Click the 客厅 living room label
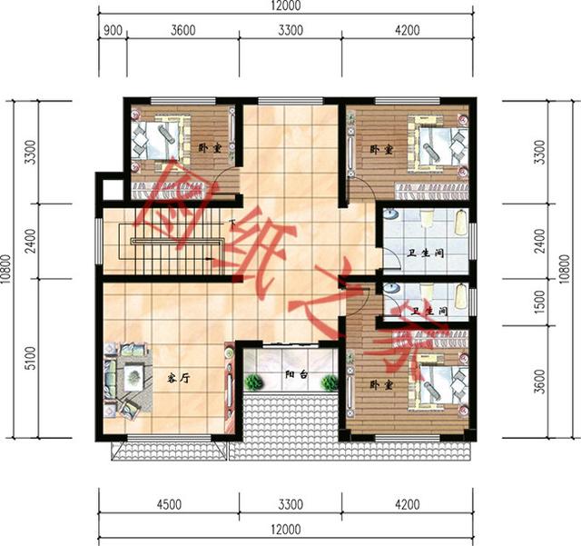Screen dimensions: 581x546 179,379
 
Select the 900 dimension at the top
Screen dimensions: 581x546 113,30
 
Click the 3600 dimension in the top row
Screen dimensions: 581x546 183,30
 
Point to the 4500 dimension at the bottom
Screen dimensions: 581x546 169,504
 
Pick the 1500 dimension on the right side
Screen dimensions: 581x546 541,302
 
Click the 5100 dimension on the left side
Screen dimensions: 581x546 31,358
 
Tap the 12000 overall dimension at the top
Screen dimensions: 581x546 286,5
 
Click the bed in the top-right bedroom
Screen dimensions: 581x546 438,144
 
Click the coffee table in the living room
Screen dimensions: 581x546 133,377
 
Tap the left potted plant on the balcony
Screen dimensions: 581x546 254,382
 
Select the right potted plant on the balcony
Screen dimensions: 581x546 330,382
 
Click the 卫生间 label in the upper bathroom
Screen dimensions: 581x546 426,253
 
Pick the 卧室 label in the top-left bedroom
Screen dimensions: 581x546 210,148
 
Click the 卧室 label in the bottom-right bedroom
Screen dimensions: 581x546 381,385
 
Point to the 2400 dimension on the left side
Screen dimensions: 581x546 31,241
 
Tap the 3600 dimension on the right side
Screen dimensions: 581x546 541,382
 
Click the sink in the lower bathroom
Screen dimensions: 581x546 390,288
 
